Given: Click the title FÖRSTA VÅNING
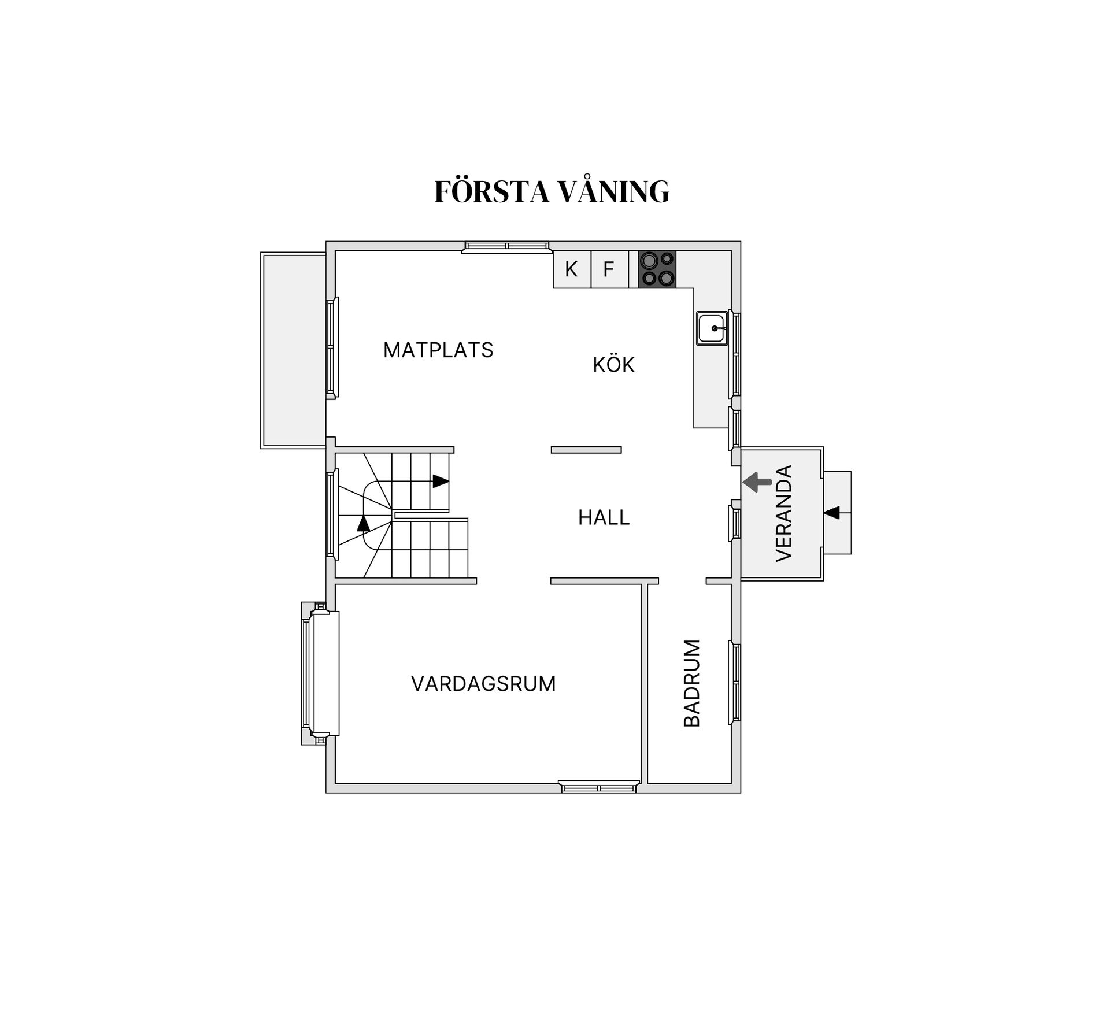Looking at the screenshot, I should (x=552, y=192).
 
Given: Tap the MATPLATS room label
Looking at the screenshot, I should (x=438, y=350).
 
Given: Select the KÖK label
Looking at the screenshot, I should (x=613, y=365).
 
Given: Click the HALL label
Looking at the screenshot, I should (x=604, y=517).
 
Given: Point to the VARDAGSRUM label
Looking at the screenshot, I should (x=483, y=684).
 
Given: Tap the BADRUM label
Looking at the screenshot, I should (x=692, y=683).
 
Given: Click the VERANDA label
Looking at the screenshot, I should (x=783, y=513).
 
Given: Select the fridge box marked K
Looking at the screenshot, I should (x=571, y=269).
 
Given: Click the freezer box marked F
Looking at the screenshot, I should (x=609, y=269).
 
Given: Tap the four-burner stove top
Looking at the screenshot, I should (x=657, y=269).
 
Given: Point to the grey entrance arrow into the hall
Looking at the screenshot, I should (x=757, y=482).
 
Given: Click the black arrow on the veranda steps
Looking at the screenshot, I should (x=832, y=512).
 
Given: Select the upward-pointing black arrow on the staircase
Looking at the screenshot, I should (x=363, y=524).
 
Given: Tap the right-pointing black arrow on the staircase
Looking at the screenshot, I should (x=441, y=481).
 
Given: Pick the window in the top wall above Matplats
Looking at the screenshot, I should (x=506, y=247).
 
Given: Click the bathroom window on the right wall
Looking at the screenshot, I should (x=735, y=682).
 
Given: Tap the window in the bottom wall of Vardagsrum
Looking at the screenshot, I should (x=599, y=787).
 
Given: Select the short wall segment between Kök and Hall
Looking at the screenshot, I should (x=586, y=450).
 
